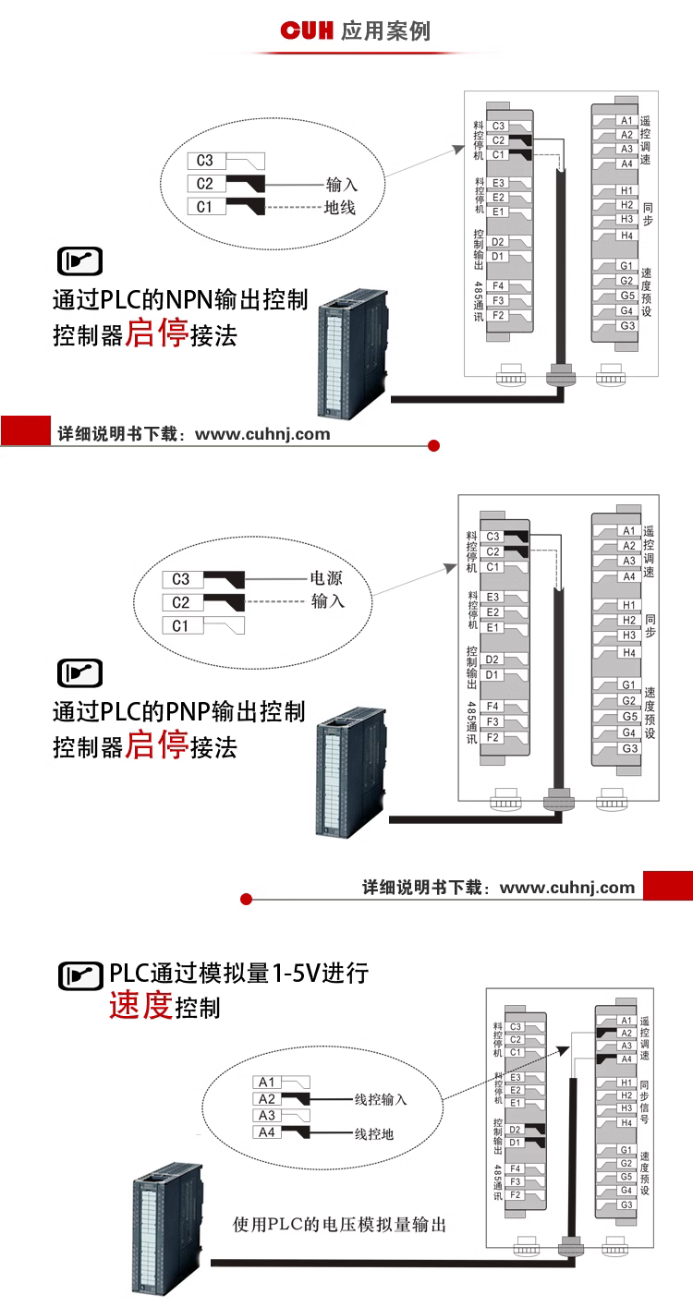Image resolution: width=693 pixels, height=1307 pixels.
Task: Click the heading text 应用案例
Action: pyautogui.click(x=385, y=31)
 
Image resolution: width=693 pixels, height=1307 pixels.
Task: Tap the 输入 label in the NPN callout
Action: pyautogui.click(x=341, y=184)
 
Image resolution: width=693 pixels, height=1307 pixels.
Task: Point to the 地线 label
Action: pyautogui.click(x=340, y=207)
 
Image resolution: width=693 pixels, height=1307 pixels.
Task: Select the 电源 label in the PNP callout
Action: pyautogui.click(x=326, y=579)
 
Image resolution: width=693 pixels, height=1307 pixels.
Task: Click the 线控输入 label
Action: pyautogui.click(x=381, y=1099)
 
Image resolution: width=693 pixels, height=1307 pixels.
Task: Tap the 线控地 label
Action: pyautogui.click(x=374, y=1133)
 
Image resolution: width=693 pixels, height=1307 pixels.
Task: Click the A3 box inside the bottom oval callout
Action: pyautogui.click(x=267, y=1115)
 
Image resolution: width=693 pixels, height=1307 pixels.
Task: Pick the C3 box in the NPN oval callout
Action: pyautogui.click(x=204, y=161)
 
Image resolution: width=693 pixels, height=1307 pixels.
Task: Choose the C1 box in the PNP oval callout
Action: pyautogui.click(x=180, y=625)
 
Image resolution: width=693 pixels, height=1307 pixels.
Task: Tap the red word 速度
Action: pyautogui.click(x=140, y=1005)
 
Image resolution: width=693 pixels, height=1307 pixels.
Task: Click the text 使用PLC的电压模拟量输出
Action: pyautogui.click(x=340, y=1225)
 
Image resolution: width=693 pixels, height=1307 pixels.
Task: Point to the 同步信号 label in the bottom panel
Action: pyautogui.click(x=644, y=1102)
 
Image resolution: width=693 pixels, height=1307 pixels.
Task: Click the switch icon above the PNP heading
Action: pyautogui.click(x=80, y=673)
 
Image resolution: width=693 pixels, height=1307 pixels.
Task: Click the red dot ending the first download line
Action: pyautogui.click(x=434, y=446)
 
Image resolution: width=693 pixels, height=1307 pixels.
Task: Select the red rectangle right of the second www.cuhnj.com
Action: pyautogui.click(x=667, y=885)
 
